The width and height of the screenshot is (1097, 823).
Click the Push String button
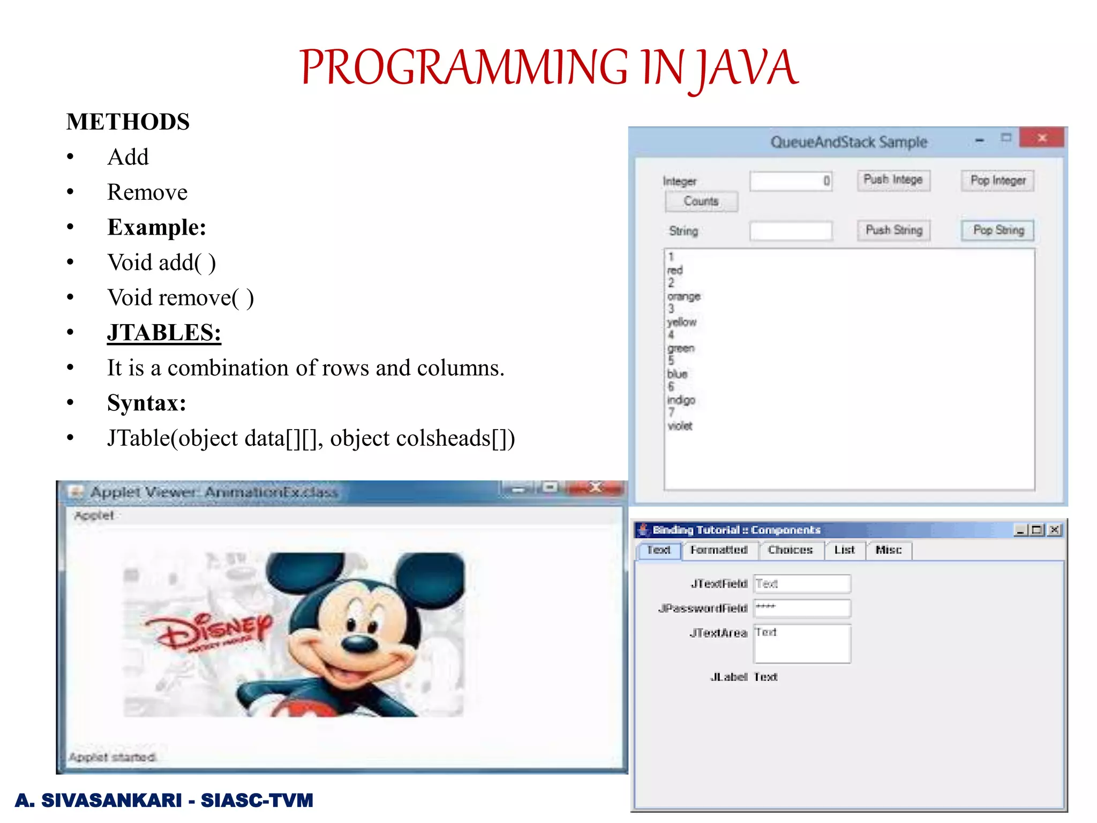coord(893,230)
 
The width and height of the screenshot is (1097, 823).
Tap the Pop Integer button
coord(997,181)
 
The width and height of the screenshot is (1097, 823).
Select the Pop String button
coord(997,230)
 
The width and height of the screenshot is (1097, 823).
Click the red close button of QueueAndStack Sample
coord(1042,138)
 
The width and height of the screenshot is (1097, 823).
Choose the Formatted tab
coord(719,550)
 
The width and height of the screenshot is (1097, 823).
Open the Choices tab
coord(790,550)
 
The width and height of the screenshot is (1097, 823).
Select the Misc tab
coord(888,550)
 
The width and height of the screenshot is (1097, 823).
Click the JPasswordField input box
coord(802,608)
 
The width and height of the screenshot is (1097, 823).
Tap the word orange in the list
coord(684,296)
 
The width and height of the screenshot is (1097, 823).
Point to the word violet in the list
coord(680,426)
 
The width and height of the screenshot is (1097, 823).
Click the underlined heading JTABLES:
coord(164,333)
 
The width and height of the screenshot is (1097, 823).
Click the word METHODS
coord(128,122)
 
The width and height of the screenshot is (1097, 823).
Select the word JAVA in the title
coord(748,68)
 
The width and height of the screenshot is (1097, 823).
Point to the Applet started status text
coord(112,757)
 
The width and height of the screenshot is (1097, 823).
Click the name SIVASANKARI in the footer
coord(111,800)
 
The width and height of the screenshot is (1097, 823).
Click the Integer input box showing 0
coord(791,181)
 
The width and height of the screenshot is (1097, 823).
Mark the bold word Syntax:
coord(146,403)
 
